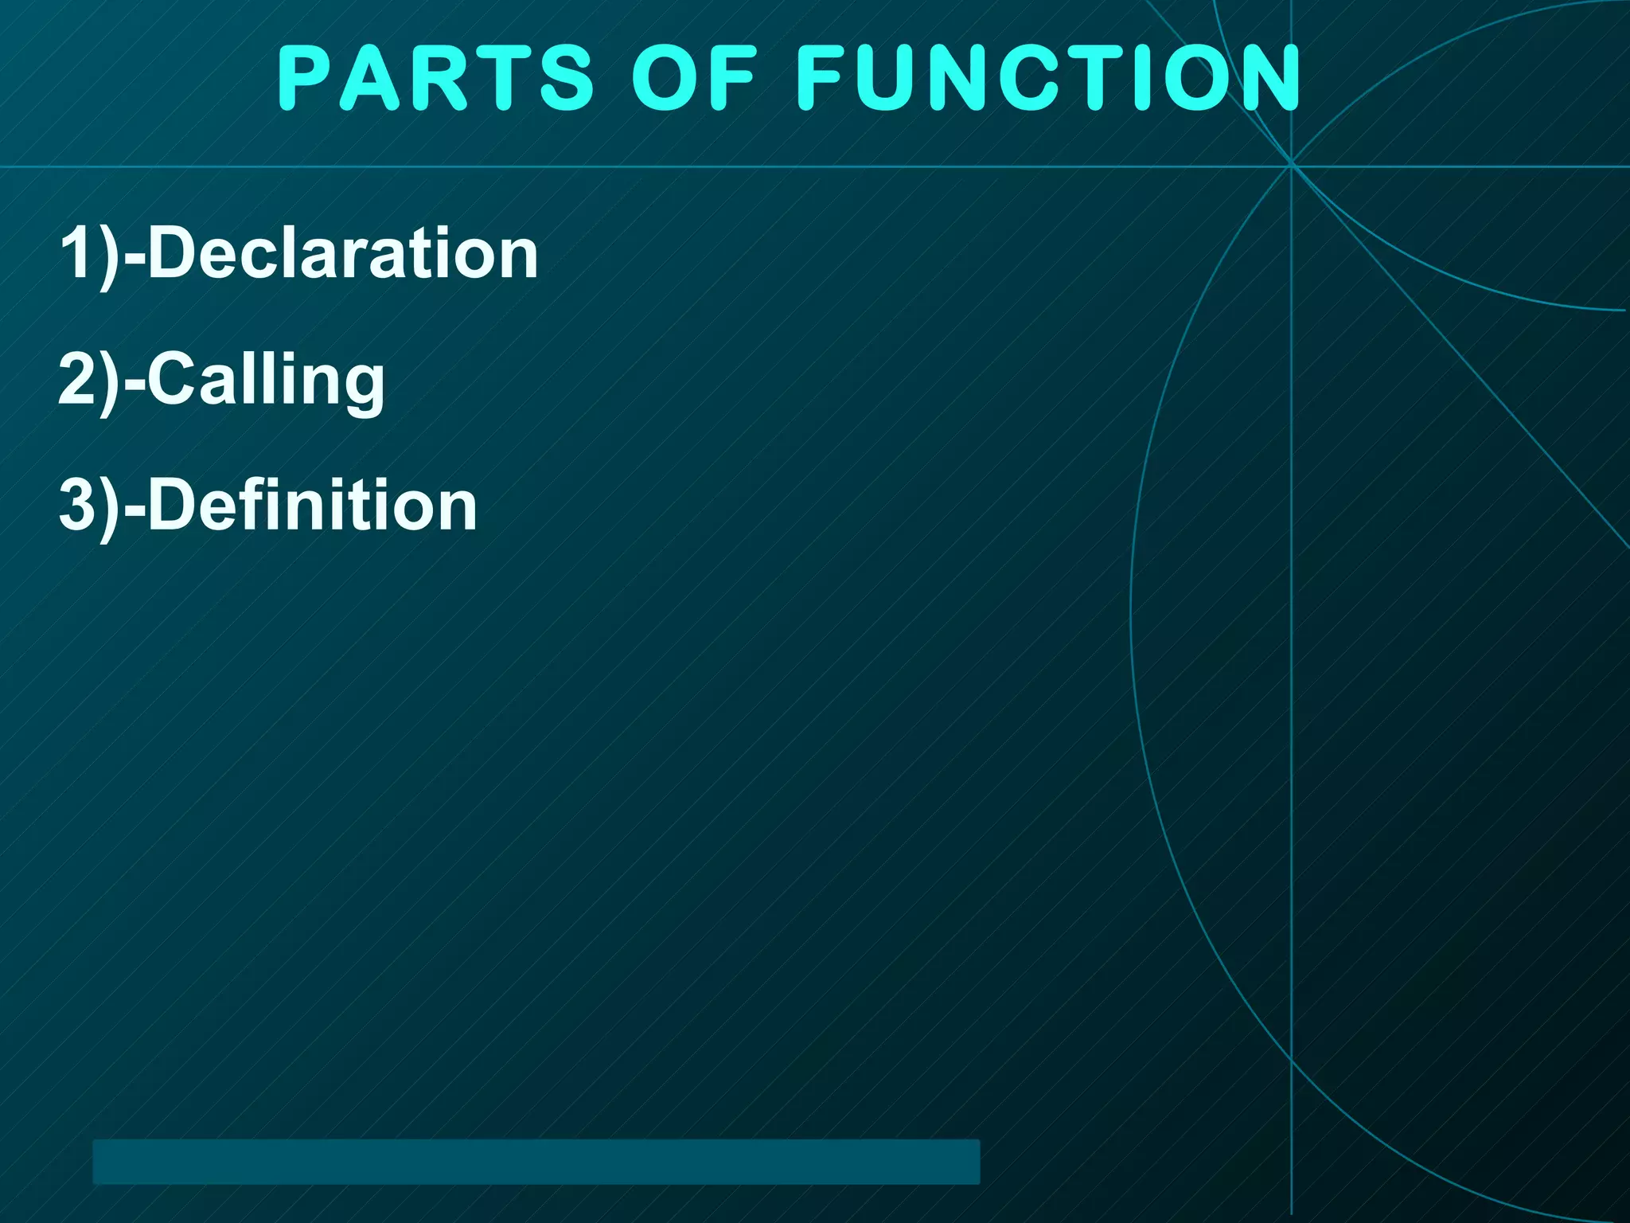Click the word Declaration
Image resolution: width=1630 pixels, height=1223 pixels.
tap(343, 253)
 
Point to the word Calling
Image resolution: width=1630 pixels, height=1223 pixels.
tap(266, 381)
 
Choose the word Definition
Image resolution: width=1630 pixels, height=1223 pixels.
tap(312, 506)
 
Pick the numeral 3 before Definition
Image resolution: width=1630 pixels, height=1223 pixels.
tap(77, 506)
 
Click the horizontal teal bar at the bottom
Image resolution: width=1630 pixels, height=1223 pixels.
tap(536, 1162)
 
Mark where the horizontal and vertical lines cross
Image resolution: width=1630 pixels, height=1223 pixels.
tap(1291, 166)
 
